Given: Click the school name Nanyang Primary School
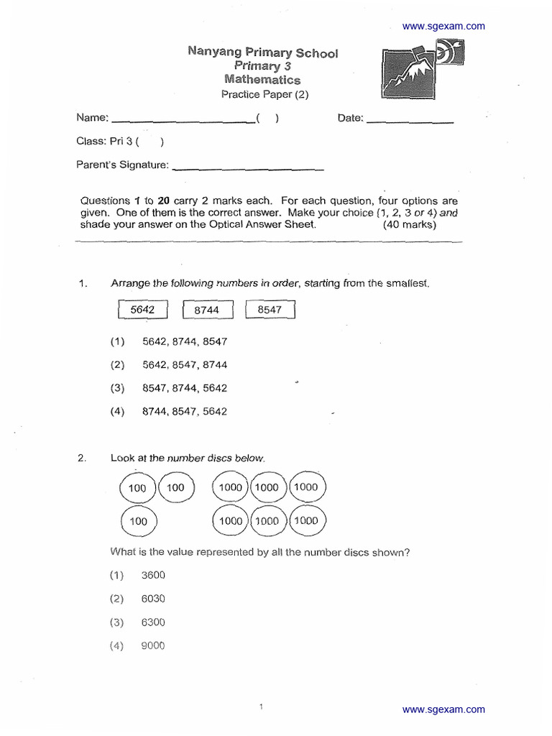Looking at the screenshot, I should click(x=262, y=52).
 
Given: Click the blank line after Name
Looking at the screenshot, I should click(x=183, y=121).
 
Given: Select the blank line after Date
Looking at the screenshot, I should click(x=410, y=121).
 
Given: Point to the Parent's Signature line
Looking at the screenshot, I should click(x=248, y=169).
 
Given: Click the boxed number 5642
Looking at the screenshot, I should click(x=142, y=310).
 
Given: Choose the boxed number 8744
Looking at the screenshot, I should click(x=206, y=310).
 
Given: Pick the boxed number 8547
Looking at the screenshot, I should click(x=270, y=310).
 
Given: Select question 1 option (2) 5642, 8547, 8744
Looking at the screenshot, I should click(x=184, y=365).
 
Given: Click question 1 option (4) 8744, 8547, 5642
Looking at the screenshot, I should click(x=184, y=412).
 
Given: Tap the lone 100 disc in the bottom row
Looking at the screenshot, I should click(x=137, y=521).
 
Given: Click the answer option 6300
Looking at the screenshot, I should click(x=153, y=622).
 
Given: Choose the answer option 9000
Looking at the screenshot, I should click(x=153, y=646).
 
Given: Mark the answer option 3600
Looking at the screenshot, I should click(x=153, y=575).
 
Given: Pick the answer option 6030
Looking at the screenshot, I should click(x=153, y=599).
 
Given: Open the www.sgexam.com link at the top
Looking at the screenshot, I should click(x=443, y=27).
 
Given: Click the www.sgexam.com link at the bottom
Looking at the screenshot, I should click(x=443, y=709).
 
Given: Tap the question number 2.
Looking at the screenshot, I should click(x=82, y=458).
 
